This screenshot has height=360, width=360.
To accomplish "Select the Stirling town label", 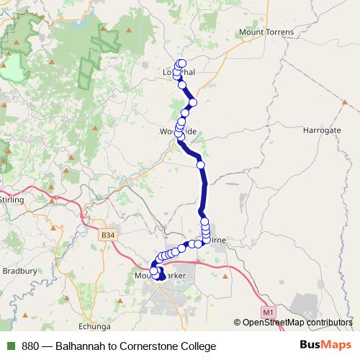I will [x=12, y=199].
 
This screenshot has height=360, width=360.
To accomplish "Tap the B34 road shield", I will [x=107, y=235].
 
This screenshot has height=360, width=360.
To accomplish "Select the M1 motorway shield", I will [x=268, y=312].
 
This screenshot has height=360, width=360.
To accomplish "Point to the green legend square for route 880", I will [x=11, y=346].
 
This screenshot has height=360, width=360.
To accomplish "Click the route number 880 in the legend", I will [x=31, y=346].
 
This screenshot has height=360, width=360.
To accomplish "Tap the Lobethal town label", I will [x=179, y=73].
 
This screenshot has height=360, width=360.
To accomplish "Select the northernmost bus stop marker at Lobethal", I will [x=181, y=63].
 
